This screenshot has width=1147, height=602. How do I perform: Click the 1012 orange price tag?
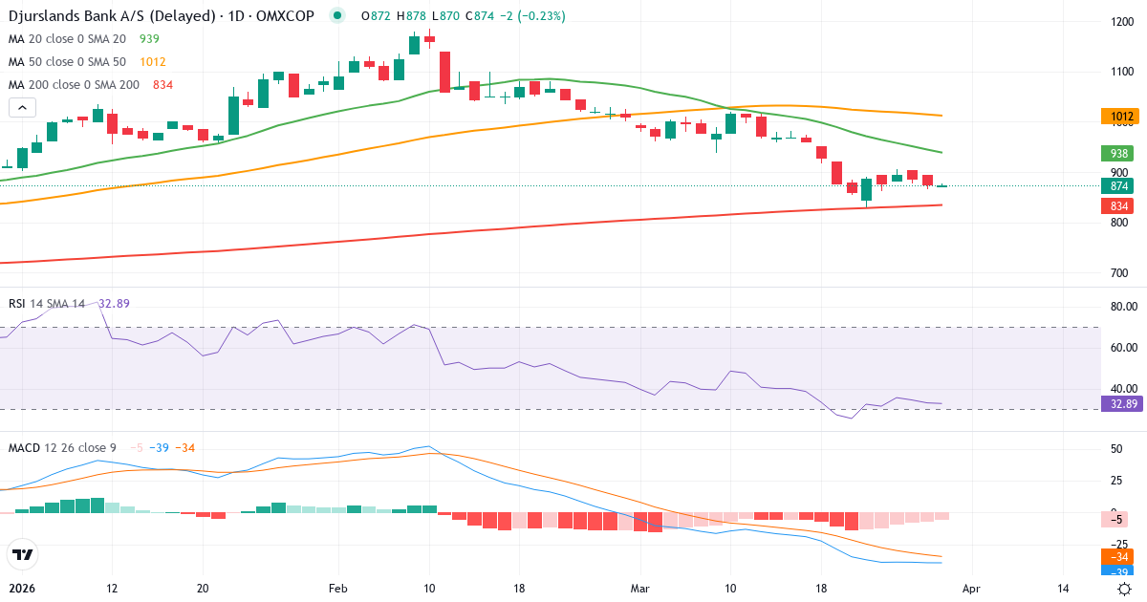point(1121,118)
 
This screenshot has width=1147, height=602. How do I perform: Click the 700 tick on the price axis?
point(1121,273)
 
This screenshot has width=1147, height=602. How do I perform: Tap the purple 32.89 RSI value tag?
point(1121,404)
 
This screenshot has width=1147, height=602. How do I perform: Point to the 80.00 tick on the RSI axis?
point(1123,307)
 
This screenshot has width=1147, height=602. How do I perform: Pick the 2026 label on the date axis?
point(22,590)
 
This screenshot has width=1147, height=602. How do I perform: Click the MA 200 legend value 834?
point(162,85)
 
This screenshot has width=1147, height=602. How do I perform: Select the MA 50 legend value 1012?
point(153,62)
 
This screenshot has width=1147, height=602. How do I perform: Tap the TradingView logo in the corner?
point(23,554)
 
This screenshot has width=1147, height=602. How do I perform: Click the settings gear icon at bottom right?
point(1125,590)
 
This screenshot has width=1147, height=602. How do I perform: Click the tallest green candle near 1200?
point(414,44)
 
